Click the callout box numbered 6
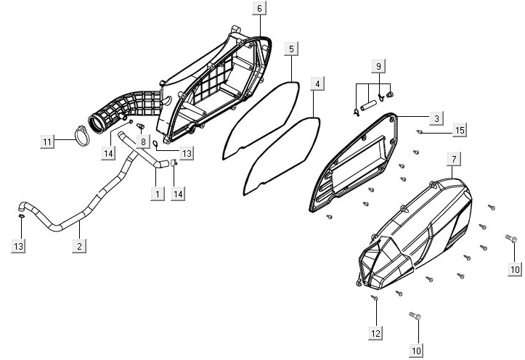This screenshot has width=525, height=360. [x=260, y=9]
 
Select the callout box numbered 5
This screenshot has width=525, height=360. [x=290, y=49]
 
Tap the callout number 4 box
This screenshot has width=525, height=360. [x=317, y=84]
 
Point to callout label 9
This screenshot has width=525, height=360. [x=378, y=66]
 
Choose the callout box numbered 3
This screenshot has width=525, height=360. [x=436, y=118]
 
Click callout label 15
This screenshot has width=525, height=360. [x=459, y=130]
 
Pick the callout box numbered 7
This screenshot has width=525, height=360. [x=453, y=158]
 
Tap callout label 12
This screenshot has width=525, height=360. [x=375, y=332]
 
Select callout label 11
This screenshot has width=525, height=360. [x=47, y=142]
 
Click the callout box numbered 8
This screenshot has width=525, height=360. [x=144, y=141]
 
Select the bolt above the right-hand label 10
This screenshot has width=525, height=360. [x=511, y=239]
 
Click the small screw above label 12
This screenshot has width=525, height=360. [x=375, y=298]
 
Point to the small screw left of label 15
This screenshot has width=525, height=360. [x=420, y=132]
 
